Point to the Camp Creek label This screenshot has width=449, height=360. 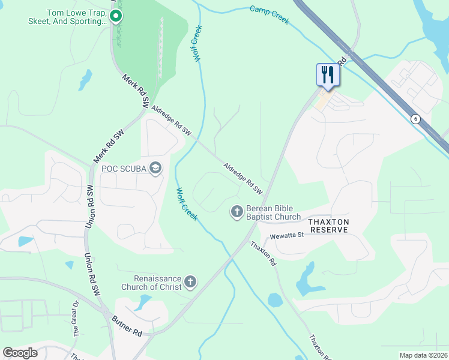click(x=270, y=15)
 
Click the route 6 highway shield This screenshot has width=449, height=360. click(x=415, y=119)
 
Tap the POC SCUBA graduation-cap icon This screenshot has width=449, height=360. click(x=156, y=168)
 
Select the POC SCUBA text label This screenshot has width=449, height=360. click(x=124, y=169)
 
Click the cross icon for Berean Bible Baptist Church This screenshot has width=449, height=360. click(x=237, y=212)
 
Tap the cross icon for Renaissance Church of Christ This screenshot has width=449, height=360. click(x=190, y=281)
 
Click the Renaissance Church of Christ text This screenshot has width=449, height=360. click(x=157, y=282)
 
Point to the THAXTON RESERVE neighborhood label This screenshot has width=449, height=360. click(x=328, y=226)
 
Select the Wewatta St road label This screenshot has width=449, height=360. click(x=288, y=236)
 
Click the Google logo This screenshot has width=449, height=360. click(x=20, y=353)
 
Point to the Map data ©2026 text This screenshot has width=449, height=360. click(x=423, y=355)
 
